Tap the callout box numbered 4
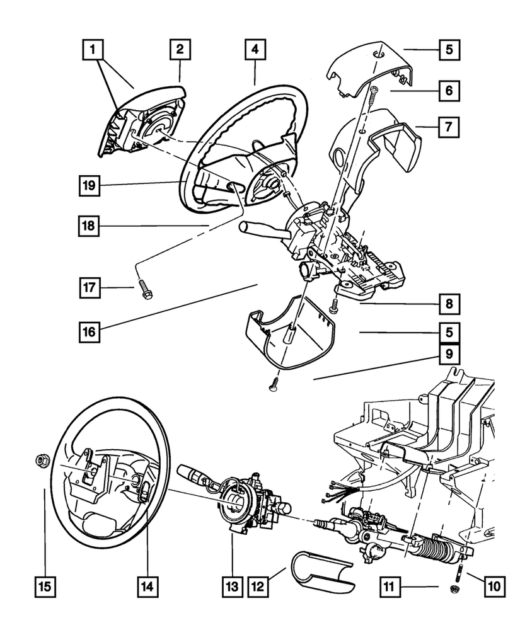point(255,49)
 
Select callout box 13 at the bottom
point(233,587)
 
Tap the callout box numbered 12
point(258,587)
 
